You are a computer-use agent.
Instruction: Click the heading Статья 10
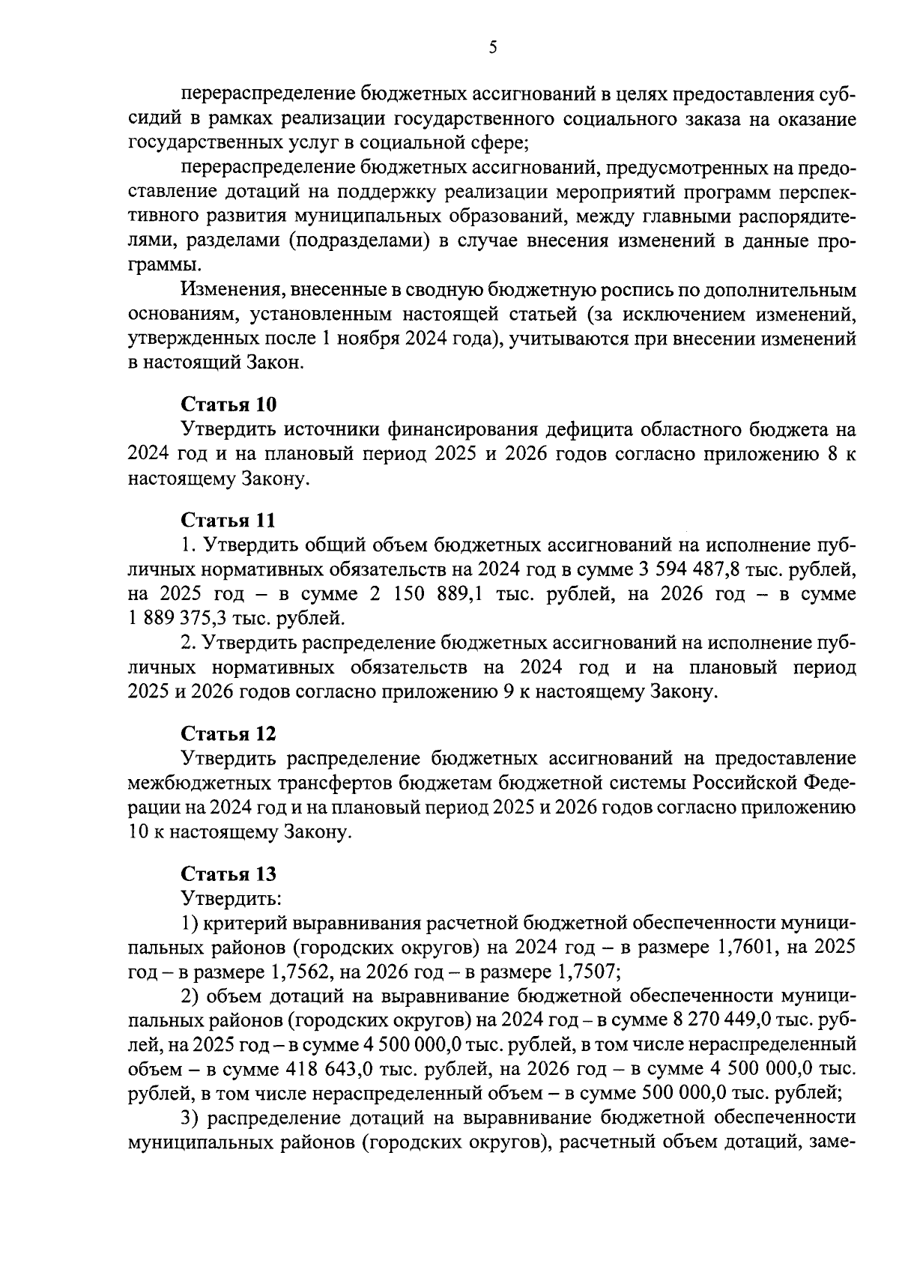point(228,405)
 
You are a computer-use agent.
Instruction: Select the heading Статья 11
point(228,520)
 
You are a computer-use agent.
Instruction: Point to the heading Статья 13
point(228,873)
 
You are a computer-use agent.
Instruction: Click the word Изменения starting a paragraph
point(228,290)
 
